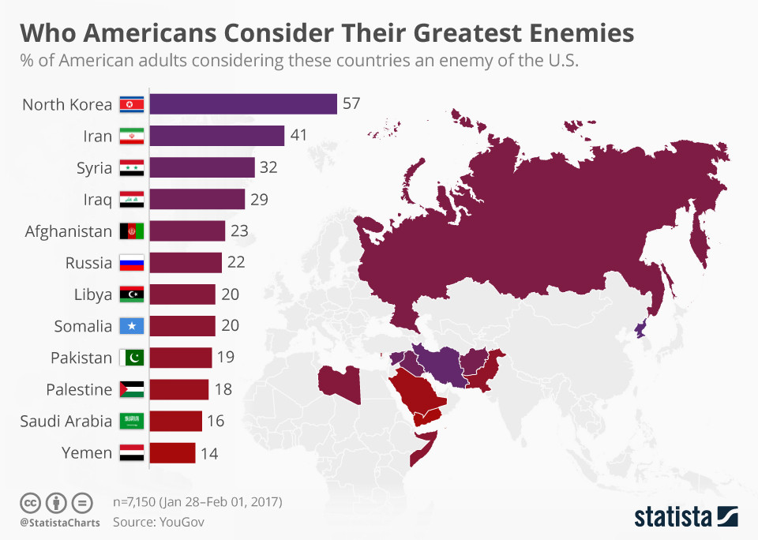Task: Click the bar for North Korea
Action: [x=243, y=104]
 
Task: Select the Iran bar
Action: [x=216, y=136]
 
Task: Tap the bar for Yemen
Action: [x=172, y=453]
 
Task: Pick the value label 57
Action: [x=351, y=104]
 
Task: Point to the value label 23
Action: [x=239, y=231]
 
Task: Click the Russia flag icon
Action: [x=131, y=263]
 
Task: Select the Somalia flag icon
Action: [x=131, y=326]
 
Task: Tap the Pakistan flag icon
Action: [x=131, y=358]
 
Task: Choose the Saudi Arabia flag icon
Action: [x=131, y=422]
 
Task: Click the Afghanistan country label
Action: [x=69, y=231]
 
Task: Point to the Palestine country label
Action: [x=78, y=389]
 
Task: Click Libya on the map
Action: [x=339, y=382]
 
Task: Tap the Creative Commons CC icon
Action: [x=29, y=503]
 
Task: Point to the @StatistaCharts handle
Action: [x=56, y=522]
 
